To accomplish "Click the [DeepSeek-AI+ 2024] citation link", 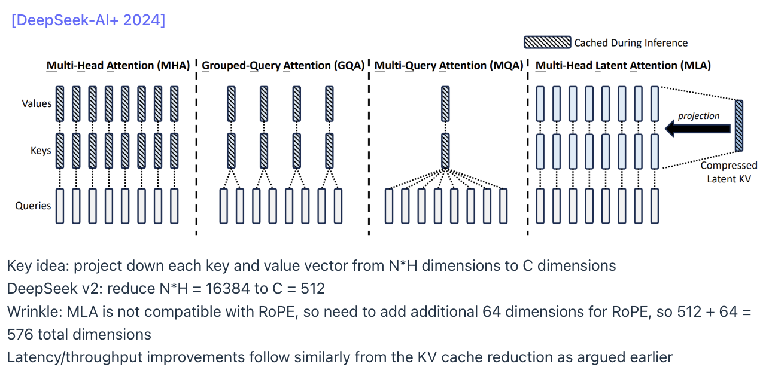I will pos(88,20).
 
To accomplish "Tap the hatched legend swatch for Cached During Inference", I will pos(547,42).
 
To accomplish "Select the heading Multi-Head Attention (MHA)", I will pos(118,65).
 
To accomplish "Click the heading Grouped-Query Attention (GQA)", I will pos(283,65).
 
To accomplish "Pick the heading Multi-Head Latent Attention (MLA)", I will pos(623,65).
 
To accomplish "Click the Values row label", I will pos(37,104).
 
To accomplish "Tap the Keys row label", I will pos(41,151).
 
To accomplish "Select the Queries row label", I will pos(34,206).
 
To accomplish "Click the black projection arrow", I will pos(698,127).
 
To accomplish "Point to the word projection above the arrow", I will pos(698,115).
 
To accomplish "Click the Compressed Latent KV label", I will pos(728,172).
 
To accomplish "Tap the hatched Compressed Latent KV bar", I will pos(739,126).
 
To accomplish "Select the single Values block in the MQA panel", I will pos(445,103).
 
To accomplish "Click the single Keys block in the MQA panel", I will pos(445,151).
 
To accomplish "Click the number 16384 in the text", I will pos(226,289).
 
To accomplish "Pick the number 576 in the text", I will pos(23,334).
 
